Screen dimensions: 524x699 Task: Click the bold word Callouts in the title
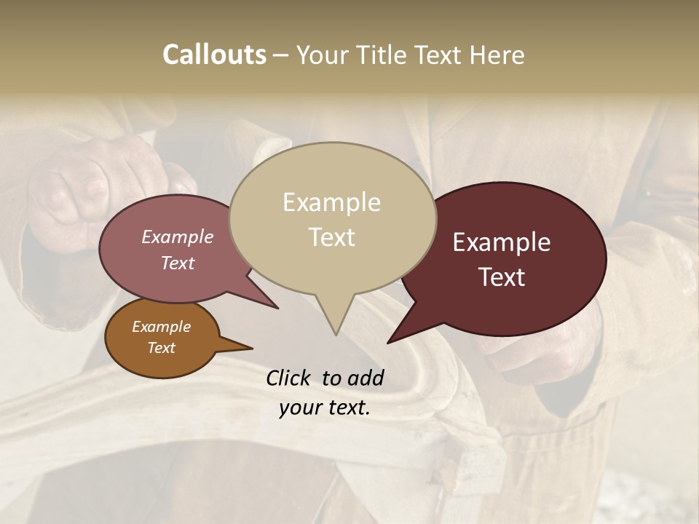point(214,55)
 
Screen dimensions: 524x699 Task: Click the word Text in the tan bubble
point(331,237)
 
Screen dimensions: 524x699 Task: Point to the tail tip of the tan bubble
point(336,334)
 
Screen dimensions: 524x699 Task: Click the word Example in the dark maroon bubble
point(502,242)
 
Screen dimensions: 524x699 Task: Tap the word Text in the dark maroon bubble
point(502,277)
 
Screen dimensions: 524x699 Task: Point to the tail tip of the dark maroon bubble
point(388,342)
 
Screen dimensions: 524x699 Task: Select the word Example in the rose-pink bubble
point(177,237)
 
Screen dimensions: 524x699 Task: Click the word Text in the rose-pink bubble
point(177,263)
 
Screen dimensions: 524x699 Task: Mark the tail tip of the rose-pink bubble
point(277,308)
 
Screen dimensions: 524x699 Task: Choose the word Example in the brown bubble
point(161,327)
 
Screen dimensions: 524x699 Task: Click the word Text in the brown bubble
point(161,348)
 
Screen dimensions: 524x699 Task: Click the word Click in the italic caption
point(290,378)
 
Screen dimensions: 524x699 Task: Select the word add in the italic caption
point(366,378)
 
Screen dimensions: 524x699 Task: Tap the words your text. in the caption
point(324,408)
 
